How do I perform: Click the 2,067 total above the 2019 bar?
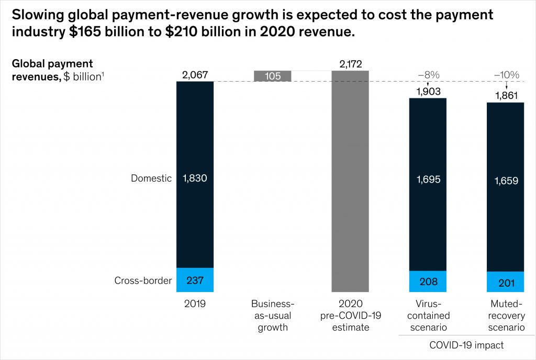tap(195, 75)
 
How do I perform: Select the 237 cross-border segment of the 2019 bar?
tap(195, 280)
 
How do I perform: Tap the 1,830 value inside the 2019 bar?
tap(195, 178)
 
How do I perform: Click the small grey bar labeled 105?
tap(272, 76)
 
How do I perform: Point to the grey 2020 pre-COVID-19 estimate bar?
tap(350, 183)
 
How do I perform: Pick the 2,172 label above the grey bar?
tap(350, 64)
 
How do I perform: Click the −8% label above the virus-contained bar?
tap(428, 75)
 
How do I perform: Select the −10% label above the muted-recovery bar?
tap(506, 75)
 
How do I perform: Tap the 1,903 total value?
tap(428, 91)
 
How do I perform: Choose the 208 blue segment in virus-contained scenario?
tap(428, 282)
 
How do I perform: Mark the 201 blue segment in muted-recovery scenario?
tap(506, 283)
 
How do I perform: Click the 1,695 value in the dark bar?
tap(428, 180)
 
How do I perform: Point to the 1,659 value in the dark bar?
tap(506, 182)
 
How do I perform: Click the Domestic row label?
tap(151, 178)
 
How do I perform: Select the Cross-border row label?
tap(143, 280)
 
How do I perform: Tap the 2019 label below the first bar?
tap(195, 304)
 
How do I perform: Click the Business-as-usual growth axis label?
tap(272, 316)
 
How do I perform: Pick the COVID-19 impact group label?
tap(466, 345)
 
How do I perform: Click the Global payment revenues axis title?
tap(52, 70)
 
